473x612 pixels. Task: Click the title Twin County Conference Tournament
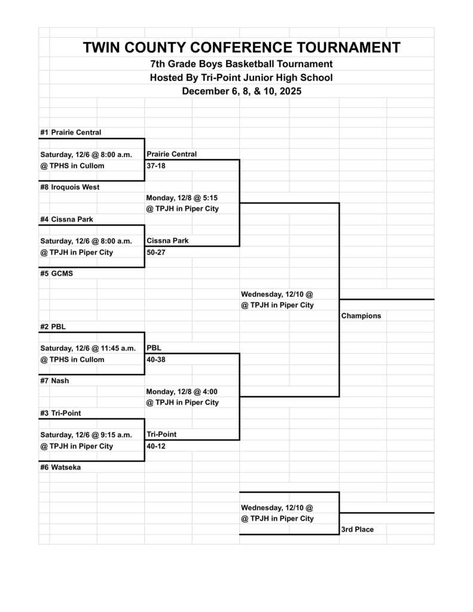pos(242,48)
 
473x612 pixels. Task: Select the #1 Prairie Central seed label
pos(71,132)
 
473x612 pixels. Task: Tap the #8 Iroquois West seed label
pos(69,187)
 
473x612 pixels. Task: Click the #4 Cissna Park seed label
pos(66,219)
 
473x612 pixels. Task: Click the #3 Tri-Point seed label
pos(60,413)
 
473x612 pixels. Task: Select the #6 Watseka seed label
pos(60,467)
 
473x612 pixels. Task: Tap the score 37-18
pos(156,166)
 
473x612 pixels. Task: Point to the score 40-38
pos(156,359)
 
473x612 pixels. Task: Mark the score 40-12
pos(156,446)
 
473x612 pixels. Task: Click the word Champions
pos(361,316)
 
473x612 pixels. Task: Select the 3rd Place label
pos(358,530)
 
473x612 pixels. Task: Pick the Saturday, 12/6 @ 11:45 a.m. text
pos(88,348)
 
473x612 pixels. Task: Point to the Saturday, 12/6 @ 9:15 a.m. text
pos(86,435)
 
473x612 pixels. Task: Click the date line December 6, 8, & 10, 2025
pos(242,91)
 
